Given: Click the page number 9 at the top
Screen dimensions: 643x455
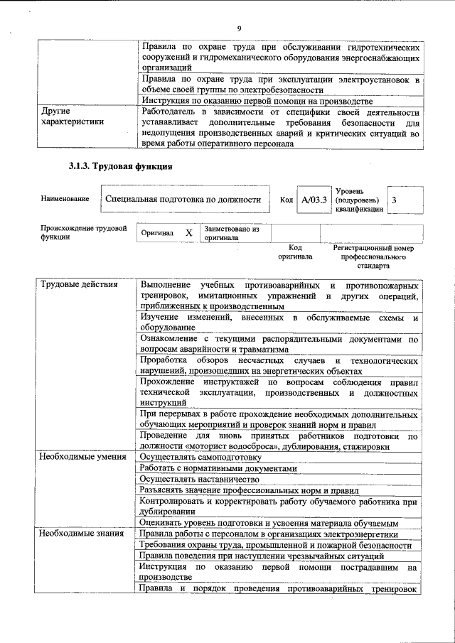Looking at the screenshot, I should coord(239,28).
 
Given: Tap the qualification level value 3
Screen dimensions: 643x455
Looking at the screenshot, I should coord(395,200).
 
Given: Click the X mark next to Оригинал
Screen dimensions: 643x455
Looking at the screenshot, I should coord(188,233).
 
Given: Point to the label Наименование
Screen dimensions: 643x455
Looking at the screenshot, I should coord(65,199).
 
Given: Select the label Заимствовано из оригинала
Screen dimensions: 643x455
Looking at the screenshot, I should coord(231,234).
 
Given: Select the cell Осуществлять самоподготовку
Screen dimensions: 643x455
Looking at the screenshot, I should coord(200,457).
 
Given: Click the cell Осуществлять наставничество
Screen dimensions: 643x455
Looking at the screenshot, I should coord(198,480).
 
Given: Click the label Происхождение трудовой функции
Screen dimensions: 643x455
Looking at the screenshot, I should coord(83,233).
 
